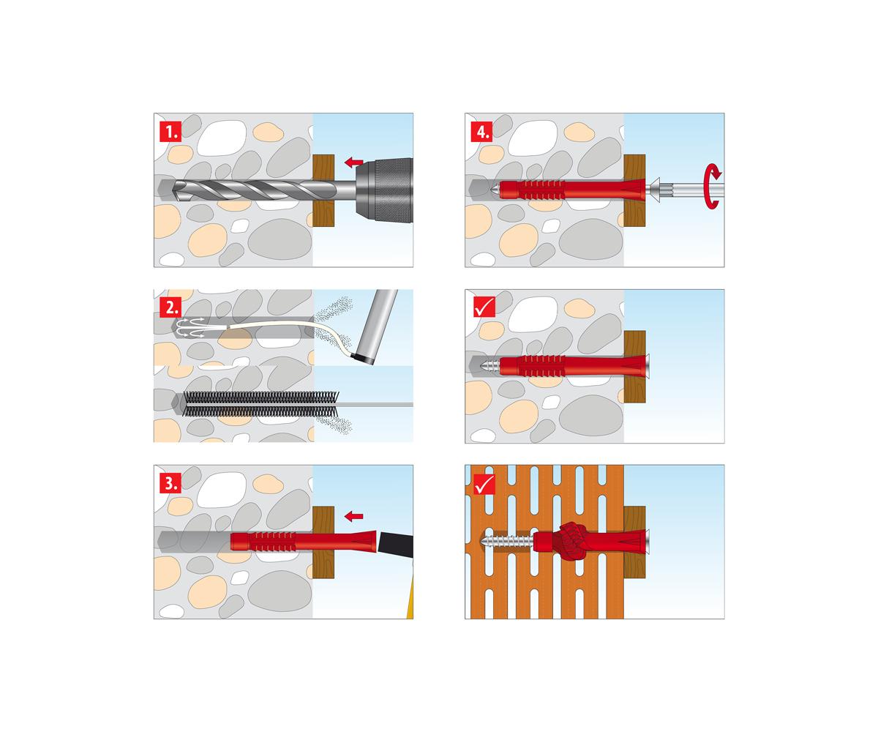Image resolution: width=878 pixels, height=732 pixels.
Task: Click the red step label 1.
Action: click(x=170, y=131)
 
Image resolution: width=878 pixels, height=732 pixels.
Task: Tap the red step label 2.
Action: click(x=170, y=307)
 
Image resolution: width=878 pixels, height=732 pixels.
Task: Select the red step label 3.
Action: click(x=170, y=483)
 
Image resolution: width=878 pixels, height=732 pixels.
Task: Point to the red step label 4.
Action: click(x=481, y=131)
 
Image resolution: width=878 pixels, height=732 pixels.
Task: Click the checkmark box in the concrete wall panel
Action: click(x=484, y=307)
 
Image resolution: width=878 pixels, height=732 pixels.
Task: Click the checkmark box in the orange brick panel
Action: click(x=484, y=484)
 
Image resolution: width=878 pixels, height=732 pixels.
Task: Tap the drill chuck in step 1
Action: click(x=384, y=190)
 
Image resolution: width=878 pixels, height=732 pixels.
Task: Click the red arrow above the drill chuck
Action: click(x=353, y=162)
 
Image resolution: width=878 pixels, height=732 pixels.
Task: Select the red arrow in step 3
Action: click(x=353, y=516)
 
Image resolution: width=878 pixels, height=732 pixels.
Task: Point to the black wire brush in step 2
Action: click(x=260, y=404)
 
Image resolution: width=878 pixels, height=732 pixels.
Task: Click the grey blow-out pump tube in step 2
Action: click(x=376, y=326)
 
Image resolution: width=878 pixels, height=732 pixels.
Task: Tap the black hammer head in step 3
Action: click(x=395, y=545)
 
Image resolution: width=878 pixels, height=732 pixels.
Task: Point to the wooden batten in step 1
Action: click(x=323, y=190)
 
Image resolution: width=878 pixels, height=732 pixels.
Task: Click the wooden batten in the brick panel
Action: click(x=634, y=542)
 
